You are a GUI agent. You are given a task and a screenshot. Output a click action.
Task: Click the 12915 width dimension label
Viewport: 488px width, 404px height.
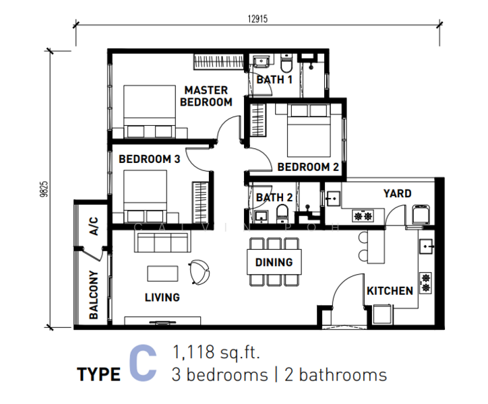click(x=257, y=19)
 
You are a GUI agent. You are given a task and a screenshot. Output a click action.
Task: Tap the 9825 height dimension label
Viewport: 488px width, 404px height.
click(x=44, y=189)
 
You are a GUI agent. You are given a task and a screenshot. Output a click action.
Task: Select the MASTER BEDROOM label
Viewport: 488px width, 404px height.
click(x=206, y=96)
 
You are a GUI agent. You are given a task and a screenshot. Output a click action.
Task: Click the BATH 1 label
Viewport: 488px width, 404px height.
click(x=274, y=79)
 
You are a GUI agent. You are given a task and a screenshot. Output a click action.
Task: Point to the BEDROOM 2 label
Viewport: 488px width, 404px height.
click(x=308, y=167)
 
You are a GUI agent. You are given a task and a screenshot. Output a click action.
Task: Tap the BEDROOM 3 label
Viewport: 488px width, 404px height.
click(x=150, y=159)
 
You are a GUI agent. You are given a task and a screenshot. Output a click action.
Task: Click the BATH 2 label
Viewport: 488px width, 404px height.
click(x=274, y=197)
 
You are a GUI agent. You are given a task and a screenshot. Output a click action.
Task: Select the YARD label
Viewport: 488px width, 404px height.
click(x=398, y=193)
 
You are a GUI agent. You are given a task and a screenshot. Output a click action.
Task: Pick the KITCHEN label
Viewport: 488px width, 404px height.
click(x=390, y=291)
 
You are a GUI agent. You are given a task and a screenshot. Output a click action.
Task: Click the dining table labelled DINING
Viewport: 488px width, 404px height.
click(x=274, y=262)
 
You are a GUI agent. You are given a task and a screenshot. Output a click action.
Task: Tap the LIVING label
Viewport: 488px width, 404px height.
click(x=162, y=298)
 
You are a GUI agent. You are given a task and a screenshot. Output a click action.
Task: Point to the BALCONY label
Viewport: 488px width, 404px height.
click(x=94, y=295)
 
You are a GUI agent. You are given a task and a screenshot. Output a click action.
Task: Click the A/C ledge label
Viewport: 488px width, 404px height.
click(x=94, y=226)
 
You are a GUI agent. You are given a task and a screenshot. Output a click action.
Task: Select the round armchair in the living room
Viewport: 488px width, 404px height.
click(x=199, y=272)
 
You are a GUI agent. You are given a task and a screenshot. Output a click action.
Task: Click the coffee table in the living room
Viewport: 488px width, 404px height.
click(x=162, y=273)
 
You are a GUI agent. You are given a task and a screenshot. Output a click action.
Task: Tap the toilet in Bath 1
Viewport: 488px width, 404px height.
click(x=286, y=63)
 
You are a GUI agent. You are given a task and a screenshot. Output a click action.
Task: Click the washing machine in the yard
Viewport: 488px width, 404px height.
click(x=421, y=214)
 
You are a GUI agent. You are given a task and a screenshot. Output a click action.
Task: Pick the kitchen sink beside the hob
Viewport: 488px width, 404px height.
click(x=426, y=246)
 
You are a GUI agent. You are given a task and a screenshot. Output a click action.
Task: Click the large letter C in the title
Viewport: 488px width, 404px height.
click(x=143, y=363)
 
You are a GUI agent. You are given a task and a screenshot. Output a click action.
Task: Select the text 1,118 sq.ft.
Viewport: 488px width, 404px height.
click(x=216, y=352)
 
